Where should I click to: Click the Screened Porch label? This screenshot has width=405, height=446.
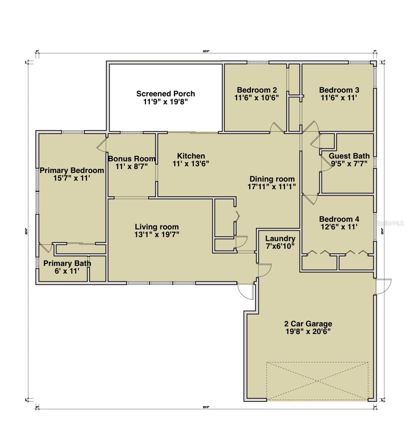click(x=165, y=94)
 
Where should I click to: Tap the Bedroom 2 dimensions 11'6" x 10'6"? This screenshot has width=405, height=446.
click(x=257, y=98)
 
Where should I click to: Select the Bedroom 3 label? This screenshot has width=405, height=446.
click(x=339, y=90)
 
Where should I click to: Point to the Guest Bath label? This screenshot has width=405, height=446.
click(x=349, y=156)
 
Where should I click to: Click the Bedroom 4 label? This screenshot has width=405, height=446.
click(x=339, y=219)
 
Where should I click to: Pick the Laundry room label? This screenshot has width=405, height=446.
click(x=280, y=239)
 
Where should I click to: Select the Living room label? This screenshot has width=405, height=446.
click(x=157, y=227)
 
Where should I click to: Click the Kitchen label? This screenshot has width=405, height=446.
click(x=191, y=156)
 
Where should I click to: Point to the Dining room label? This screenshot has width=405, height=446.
click(x=272, y=179)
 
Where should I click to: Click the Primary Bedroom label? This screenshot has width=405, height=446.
click(x=72, y=171)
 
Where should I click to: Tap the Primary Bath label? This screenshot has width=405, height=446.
click(x=67, y=264)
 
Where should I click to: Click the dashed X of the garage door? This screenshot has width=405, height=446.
click(x=317, y=381)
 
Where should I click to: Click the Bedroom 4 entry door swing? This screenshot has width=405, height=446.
click(x=310, y=199)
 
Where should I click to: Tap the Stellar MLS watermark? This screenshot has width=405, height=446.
click(x=390, y=223)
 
